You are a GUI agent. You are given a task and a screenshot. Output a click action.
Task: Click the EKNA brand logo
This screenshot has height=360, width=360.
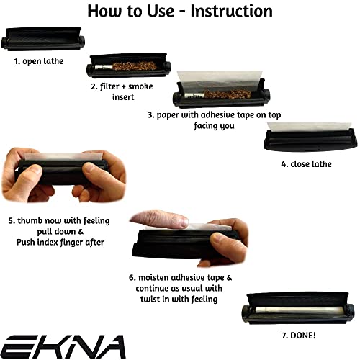63,345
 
